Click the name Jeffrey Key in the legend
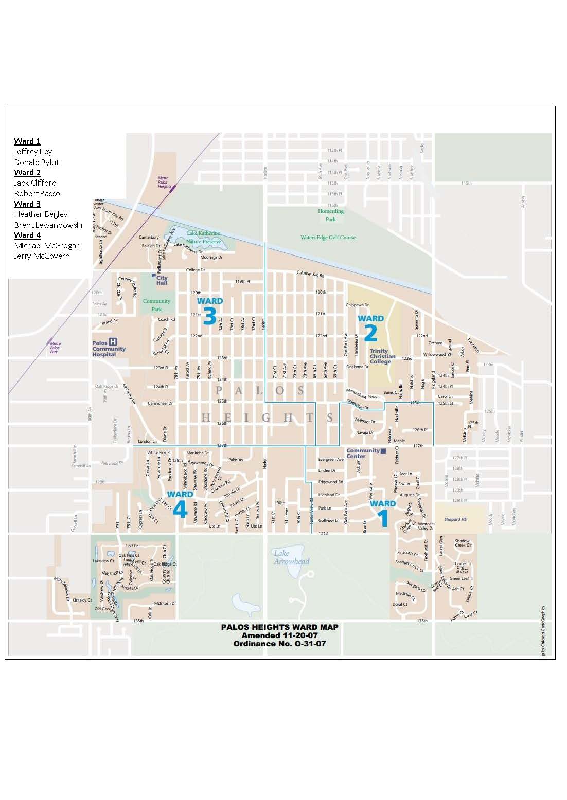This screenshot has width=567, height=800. click(x=33, y=152)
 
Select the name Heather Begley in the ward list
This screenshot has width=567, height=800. click(x=41, y=214)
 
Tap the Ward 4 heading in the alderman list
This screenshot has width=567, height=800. click(x=27, y=235)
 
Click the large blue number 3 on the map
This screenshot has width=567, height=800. click(x=209, y=317)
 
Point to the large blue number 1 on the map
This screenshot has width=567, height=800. click(x=383, y=519)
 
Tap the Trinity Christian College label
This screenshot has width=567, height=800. click(x=382, y=356)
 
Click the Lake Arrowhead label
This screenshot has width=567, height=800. click(x=291, y=557)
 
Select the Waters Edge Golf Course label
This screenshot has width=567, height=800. click(x=328, y=238)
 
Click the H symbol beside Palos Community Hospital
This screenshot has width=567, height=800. click(x=113, y=342)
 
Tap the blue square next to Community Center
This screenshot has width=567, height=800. click(x=383, y=451)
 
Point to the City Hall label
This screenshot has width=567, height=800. click(x=162, y=280)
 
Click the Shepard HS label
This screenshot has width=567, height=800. click(x=455, y=519)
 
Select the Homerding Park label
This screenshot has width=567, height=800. click(x=330, y=215)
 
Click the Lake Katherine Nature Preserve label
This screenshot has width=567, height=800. click(x=203, y=237)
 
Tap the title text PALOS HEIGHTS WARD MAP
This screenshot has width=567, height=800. click(x=279, y=627)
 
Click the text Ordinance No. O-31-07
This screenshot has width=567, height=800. click(x=279, y=644)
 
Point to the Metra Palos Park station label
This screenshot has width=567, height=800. click(x=55, y=348)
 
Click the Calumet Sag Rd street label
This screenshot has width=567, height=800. click(x=310, y=274)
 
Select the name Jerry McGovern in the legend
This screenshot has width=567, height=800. click(x=42, y=256)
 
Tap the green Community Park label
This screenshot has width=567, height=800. click(x=156, y=305)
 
